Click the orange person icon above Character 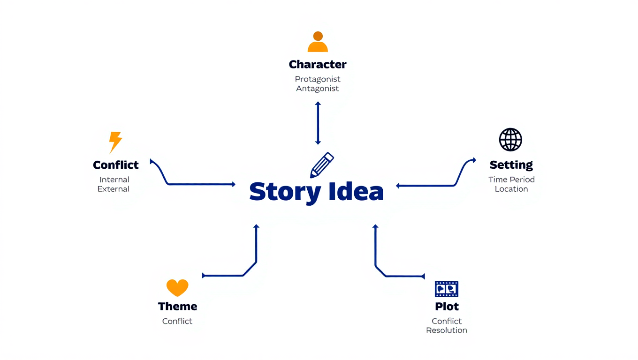pyautogui.click(x=318, y=42)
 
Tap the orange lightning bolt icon pyautogui.click(x=115, y=142)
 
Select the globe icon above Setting pyautogui.click(x=510, y=140)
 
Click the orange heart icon pyautogui.click(x=177, y=288)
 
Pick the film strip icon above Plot pyautogui.click(x=447, y=289)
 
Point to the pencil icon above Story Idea pyautogui.click(x=322, y=165)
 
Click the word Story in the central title pyautogui.click(x=285, y=192)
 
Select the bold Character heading pyautogui.click(x=318, y=64)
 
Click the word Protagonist pyautogui.click(x=318, y=79)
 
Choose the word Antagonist pyautogui.click(x=318, y=89)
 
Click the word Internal pyautogui.click(x=114, y=180)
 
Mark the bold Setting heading pyautogui.click(x=511, y=165)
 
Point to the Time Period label pyautogui.click(x=511, y=180)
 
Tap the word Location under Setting pyautogui.click(x=511, y=189)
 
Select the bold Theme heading pyautogui.click(x=177, y=307)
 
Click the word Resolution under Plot pyautogui.click(x=447, y=330)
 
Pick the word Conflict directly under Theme pyautogui.click(x=177, y=321)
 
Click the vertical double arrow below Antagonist pyautogui.click(x=318, y=123)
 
